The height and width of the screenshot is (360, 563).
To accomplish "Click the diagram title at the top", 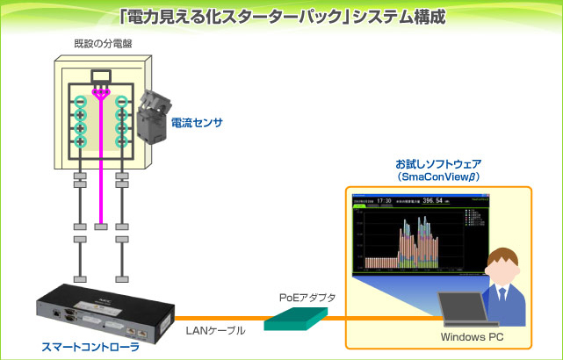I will click(281, 15).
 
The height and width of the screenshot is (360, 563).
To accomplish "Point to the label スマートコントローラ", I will click(90, 347).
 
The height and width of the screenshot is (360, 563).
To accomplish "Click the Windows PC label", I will click(471, 336).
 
